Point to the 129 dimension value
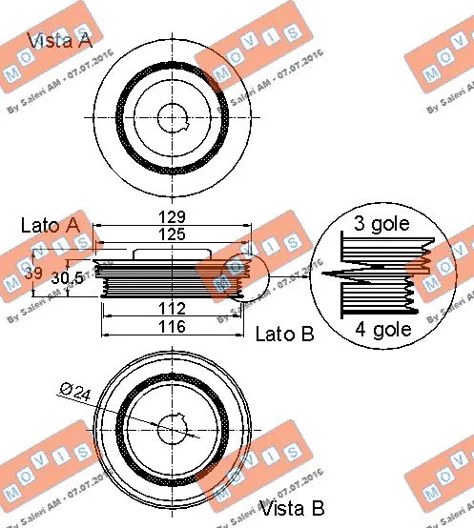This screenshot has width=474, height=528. coord(173,217)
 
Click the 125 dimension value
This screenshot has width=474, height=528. coord(173,234)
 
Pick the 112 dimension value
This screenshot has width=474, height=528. coord(173,308)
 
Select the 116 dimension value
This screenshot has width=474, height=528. coord(173,327)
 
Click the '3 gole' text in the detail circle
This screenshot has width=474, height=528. coord(381,225)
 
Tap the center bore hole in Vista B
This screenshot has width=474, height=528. coord(175,429)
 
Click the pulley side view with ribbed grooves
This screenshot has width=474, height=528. coord(173,278)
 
